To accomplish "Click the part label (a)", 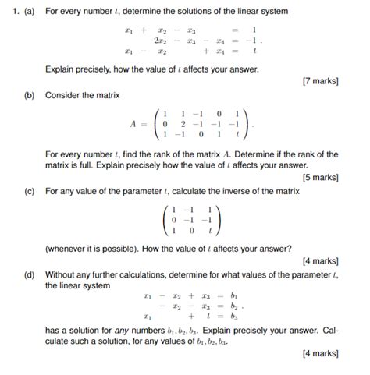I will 29,12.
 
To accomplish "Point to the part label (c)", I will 29,189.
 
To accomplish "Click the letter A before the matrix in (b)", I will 134,123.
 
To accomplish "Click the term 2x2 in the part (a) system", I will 162,40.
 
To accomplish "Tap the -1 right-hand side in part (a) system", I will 250,40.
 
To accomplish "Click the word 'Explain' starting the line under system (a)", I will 62,69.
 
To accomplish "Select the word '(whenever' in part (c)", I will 69,249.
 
